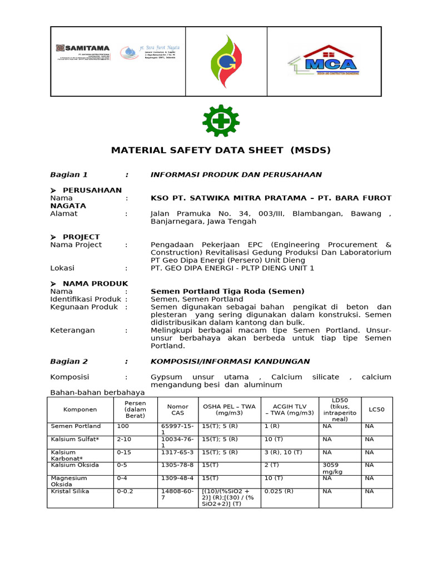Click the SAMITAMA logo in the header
click(x=83, y=53)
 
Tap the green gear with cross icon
click(x=221, y=121)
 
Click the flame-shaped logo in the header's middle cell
click(x=226, y=61)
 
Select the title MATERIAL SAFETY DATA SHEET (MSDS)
click(x=221, y=150)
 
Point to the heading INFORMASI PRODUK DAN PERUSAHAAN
click(x=236, y=174)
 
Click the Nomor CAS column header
click(x=177, y=410)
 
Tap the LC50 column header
click(x=376, y=410)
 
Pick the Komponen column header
click(x=80, y=410)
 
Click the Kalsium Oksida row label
click(x=75, y=465)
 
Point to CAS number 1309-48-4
click(x=177, y=478)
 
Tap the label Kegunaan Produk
click(x=84, y=307)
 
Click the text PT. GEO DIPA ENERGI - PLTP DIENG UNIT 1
click(x=232, y=268)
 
